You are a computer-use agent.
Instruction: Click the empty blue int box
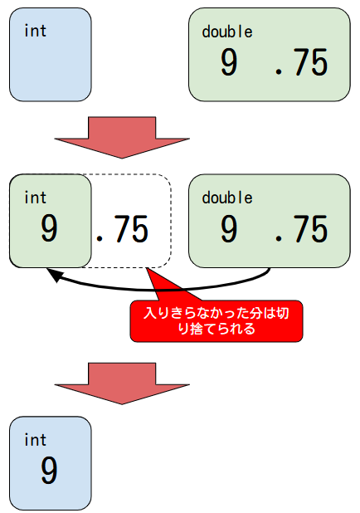pyautogui.click(x=51, y=55)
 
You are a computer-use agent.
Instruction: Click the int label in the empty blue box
pyautogui.click(x=36, y=31)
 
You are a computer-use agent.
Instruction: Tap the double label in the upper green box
pyautogui.click(x=227, y=32)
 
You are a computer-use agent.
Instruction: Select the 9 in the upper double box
pyautogui.click(x=229, y=61)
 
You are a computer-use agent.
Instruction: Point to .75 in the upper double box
pyautogui.click(x=301, y=61)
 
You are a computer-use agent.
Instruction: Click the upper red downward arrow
pyautogui.click(x=122, y=138)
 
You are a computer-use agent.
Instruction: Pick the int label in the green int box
pyautogui.click(x=36, y=198)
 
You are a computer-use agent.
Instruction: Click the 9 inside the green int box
pyautogui.click(x=49, y=228)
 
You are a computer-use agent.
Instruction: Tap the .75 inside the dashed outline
pyautogui.click(x=122, y=228)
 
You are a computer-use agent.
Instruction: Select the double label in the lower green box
pyautogui.click(x=227, y=198)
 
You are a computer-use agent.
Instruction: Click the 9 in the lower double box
pyautogui.click(x=229, y=228)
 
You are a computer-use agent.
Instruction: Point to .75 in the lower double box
pyautogui.click(x=301, y=228)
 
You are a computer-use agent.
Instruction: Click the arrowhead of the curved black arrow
pyautogui.click(x=53, y=276)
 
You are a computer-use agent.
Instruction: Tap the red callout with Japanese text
pyautogui.click(x=216, y=321)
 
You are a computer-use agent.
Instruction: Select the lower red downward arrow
pyautogui.click(x=122, y=384)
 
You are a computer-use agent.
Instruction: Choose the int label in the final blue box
pyautogui.click(x=36, y=440)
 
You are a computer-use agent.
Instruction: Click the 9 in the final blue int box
pyautogui.click(x=49, y=471)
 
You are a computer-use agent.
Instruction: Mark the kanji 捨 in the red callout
pyautogui.click(x=196, y=329)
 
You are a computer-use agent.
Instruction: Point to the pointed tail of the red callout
pyautogui.click(x=148, y=268)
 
